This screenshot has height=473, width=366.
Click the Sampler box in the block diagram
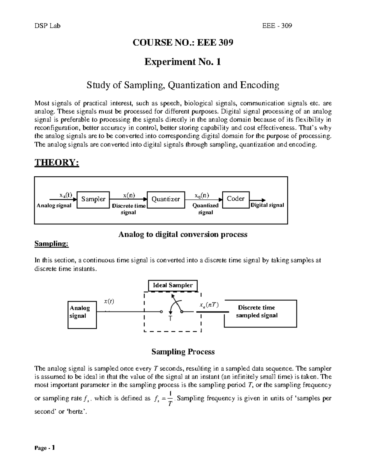click(93, 199)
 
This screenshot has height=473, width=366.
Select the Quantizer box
click(166, 199)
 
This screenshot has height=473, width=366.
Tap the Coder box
click(236, 199)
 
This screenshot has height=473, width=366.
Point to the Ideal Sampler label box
click(173, 286)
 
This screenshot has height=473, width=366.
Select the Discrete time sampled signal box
click(260, 313)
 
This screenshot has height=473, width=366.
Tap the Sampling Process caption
click(183, 352)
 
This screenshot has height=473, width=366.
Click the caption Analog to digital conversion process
click(182, 235)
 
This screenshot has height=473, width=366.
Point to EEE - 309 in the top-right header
click(277, 26)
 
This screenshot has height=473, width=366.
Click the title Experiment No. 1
click(182, 62)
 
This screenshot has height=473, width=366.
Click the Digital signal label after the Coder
click(267, 205)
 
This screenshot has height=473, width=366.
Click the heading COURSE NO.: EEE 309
click(183, 43)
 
